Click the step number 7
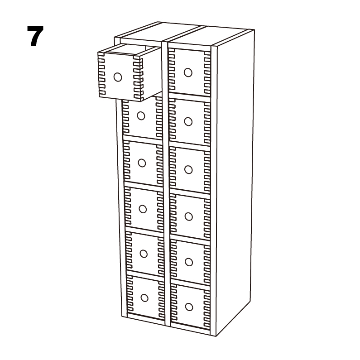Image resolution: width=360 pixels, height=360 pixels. coord(35,36)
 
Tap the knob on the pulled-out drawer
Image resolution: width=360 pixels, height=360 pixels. coord(118,77)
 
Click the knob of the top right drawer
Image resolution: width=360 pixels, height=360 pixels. coord(188,72)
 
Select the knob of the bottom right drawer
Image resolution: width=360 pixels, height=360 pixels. coord(189,307)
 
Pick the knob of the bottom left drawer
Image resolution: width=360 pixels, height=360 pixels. coord(144,298)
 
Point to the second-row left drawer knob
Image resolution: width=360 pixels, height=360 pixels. coord(141,116)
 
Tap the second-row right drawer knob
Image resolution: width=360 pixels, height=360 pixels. coord(188,122)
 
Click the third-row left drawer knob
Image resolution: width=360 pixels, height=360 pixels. coord(142,163)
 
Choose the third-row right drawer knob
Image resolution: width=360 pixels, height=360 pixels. coord(188,170)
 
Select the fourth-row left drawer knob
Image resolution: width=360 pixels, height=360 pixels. coord(143,209)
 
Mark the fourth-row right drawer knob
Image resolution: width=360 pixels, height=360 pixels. coord(188,216)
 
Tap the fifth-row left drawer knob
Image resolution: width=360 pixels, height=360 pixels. coord(144,254)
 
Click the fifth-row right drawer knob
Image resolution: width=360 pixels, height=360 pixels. coord(189,262)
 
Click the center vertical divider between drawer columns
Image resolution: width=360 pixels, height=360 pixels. coord(166,184)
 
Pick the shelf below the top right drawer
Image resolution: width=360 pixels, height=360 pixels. coord(190,97)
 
